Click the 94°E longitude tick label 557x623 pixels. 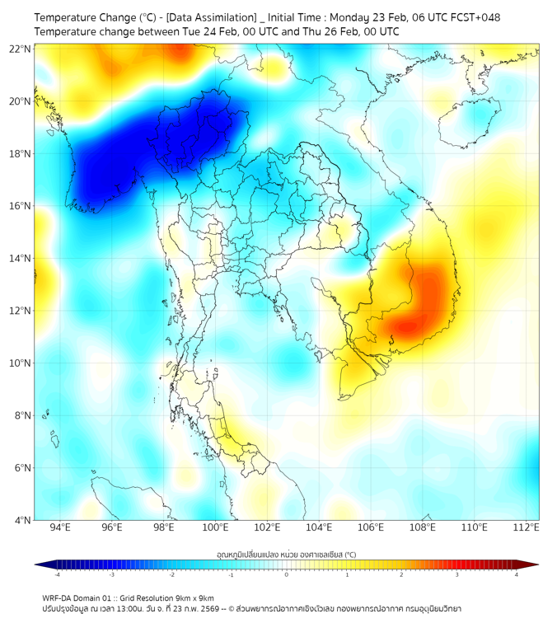[60, 527]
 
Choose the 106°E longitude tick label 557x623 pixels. [371, 527]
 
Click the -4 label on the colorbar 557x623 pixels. [56, 574]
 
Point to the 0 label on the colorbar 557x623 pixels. [287, 574]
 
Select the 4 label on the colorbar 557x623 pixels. [517, 574]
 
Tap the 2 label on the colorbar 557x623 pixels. [402, 574]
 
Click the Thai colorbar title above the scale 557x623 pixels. [286, 555]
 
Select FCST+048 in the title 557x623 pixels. [473, 17]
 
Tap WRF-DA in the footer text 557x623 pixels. [57, 598]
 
